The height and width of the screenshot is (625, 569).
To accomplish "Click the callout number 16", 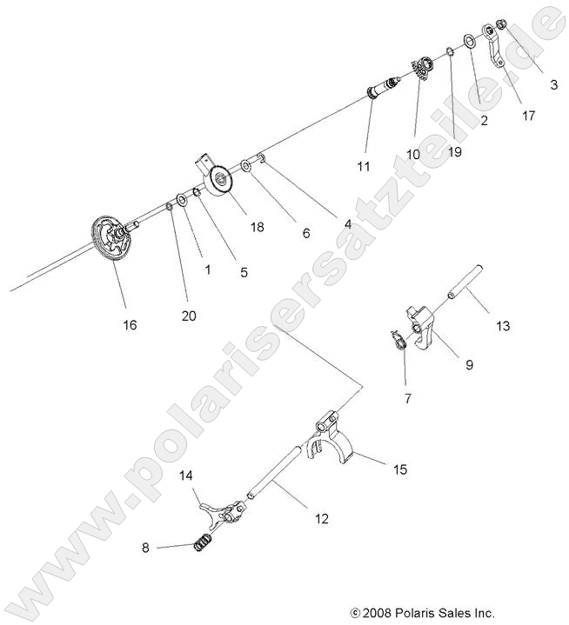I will pos(129,324).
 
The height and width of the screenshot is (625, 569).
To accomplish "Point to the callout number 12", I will pos(322,519).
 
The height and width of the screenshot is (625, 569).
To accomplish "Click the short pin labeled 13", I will pos(464,284).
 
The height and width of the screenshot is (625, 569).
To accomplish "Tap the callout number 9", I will pos(469,366).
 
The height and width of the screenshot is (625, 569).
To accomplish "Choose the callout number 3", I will pos(553,84).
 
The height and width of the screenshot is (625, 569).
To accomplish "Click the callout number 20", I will pos(189,316).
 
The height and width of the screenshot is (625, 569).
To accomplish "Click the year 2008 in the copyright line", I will pos(380,612).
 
